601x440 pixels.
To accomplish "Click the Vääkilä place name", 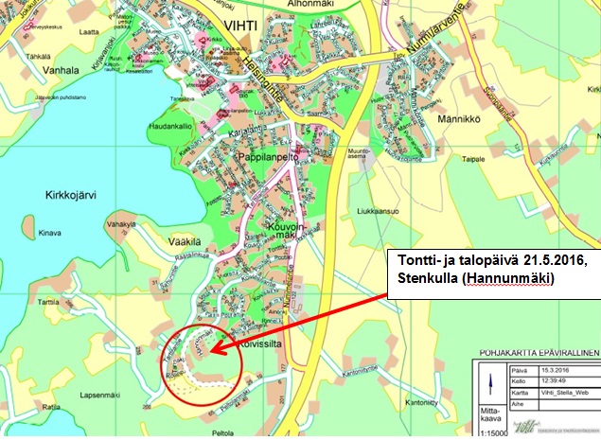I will tap(159, 241).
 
